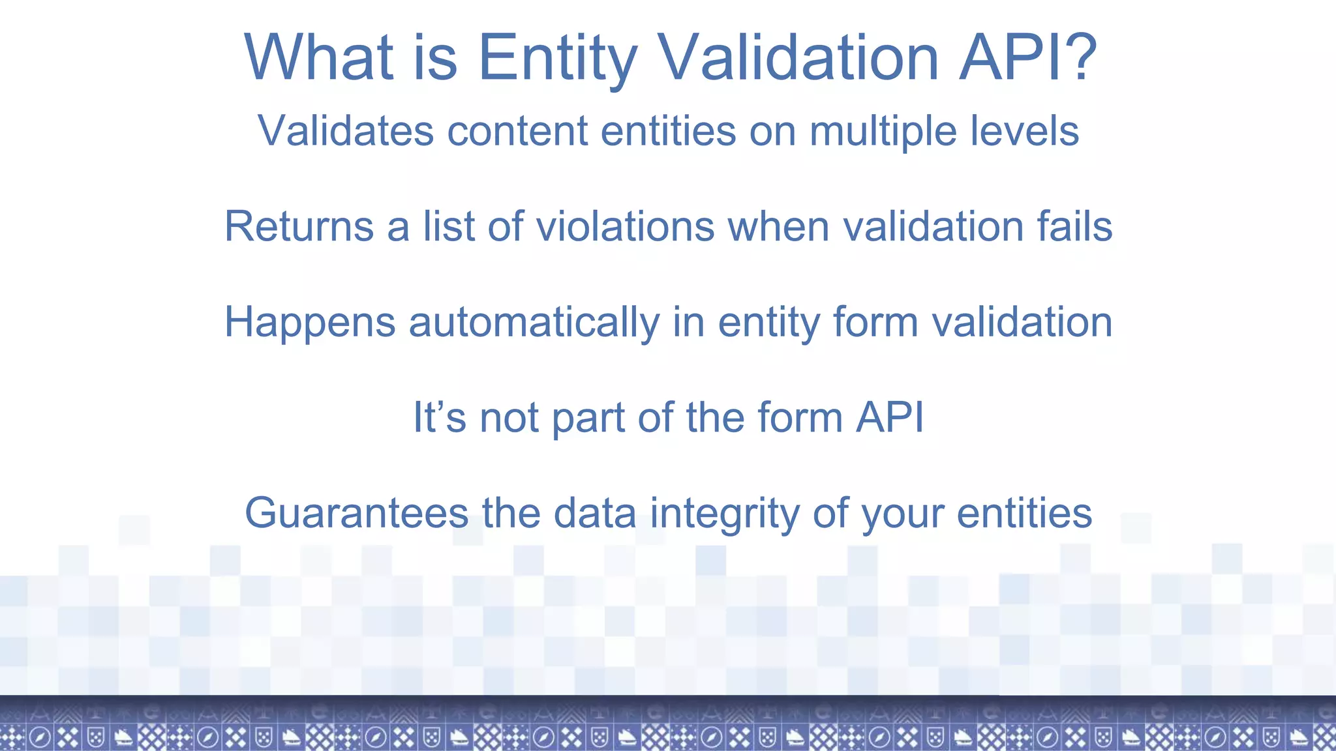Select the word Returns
[x=299, y=227]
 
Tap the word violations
[x=626, y=227]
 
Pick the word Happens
[x=310, y=322]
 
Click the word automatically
[x=534, y=322]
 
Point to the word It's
[x=439, y=417]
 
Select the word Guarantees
[x=357, y=513]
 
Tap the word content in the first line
[x=517, y=131]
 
